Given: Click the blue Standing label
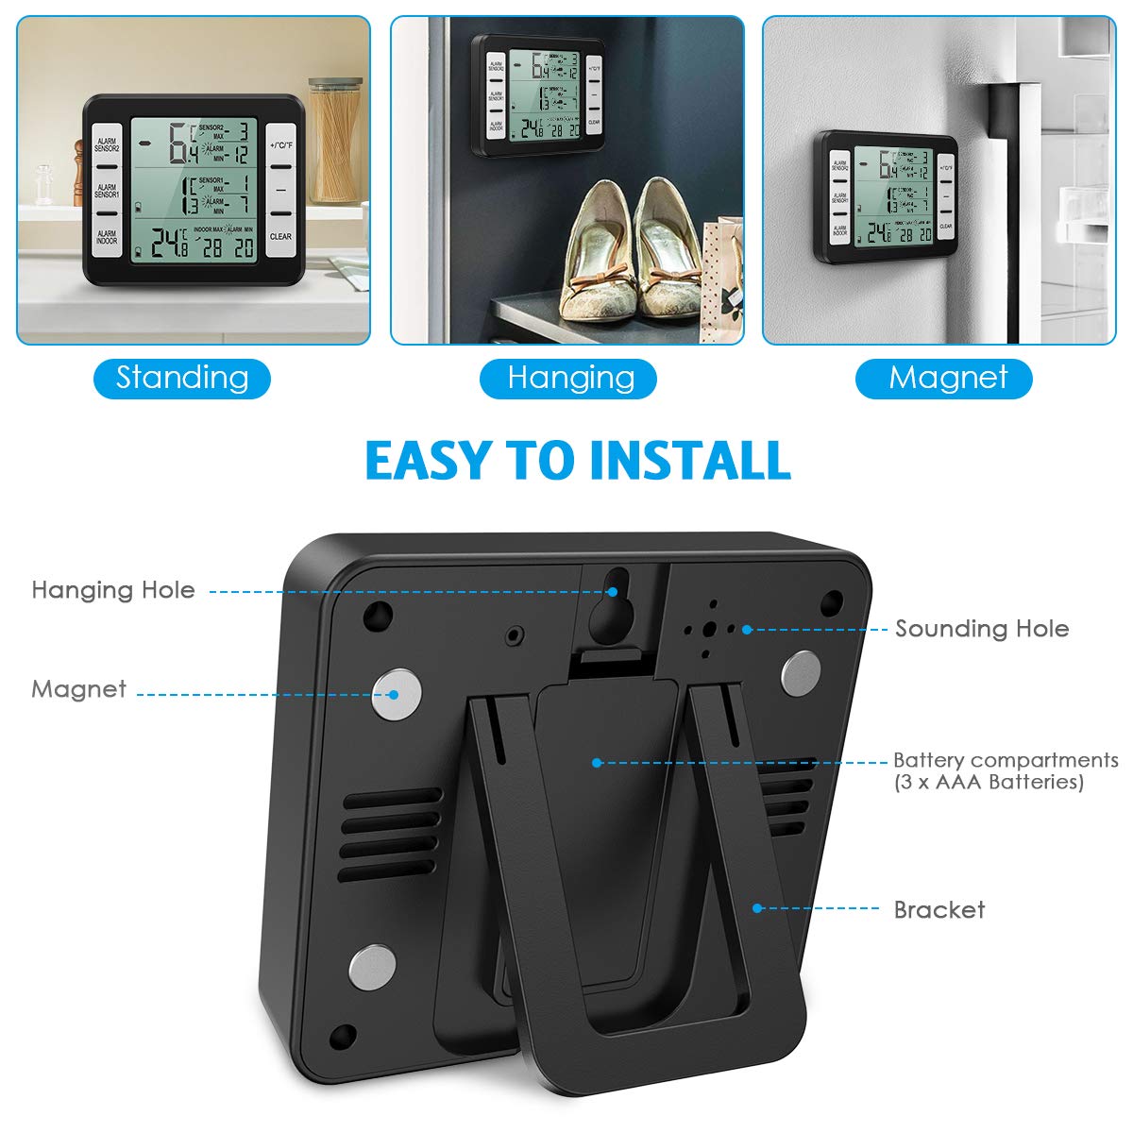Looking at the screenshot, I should [x=182, y=378].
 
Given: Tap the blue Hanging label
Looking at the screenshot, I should [x=569, y=378].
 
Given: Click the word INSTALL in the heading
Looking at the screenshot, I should [x=689, y=461].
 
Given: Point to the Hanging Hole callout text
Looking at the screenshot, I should [x=113, y=590].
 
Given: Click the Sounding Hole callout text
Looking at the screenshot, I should [x=982, y=629].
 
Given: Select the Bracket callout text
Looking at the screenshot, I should [x=939, y=909].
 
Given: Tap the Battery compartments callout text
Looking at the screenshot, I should [x=1005, y=769].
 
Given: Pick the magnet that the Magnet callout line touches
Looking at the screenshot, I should [x=396, y=695].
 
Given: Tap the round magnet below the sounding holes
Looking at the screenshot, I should [x=802, y=673].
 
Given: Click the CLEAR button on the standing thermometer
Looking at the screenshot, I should [x=280, y=236].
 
